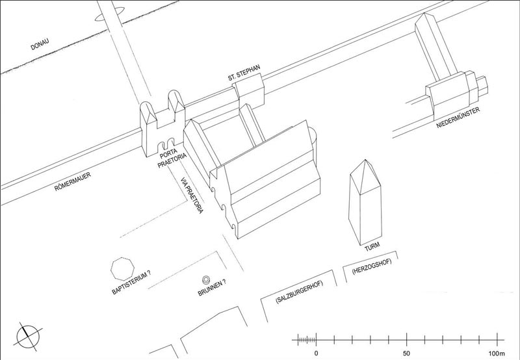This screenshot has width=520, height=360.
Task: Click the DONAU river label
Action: [40, 44]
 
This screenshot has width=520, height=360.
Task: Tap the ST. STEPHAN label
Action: [244, 73]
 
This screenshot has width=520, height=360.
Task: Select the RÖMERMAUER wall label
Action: [73, 182]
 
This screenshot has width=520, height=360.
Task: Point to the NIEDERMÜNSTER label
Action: [458, 118]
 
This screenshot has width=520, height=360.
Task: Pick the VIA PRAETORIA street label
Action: [192, 195]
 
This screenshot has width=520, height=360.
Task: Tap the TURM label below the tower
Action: [372, 247]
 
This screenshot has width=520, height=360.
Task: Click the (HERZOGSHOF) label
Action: [372, 266]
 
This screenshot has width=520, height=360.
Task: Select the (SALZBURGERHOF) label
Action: [300, 291]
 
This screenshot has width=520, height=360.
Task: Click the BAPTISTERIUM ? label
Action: [131, 282]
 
